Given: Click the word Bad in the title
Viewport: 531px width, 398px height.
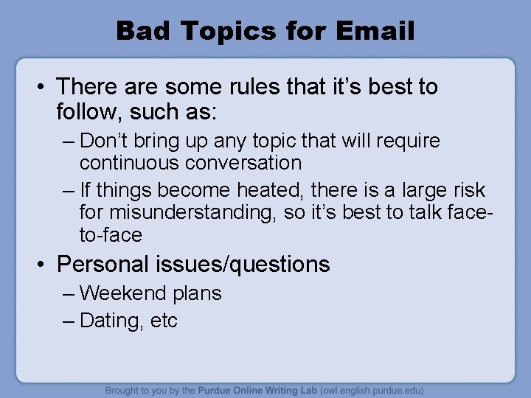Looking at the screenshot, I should [144, 31].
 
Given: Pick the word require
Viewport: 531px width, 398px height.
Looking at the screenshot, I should [406, 141].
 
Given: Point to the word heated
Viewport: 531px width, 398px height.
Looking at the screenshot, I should [269, 190].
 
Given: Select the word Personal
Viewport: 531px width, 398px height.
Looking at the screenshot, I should [103, 264].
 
